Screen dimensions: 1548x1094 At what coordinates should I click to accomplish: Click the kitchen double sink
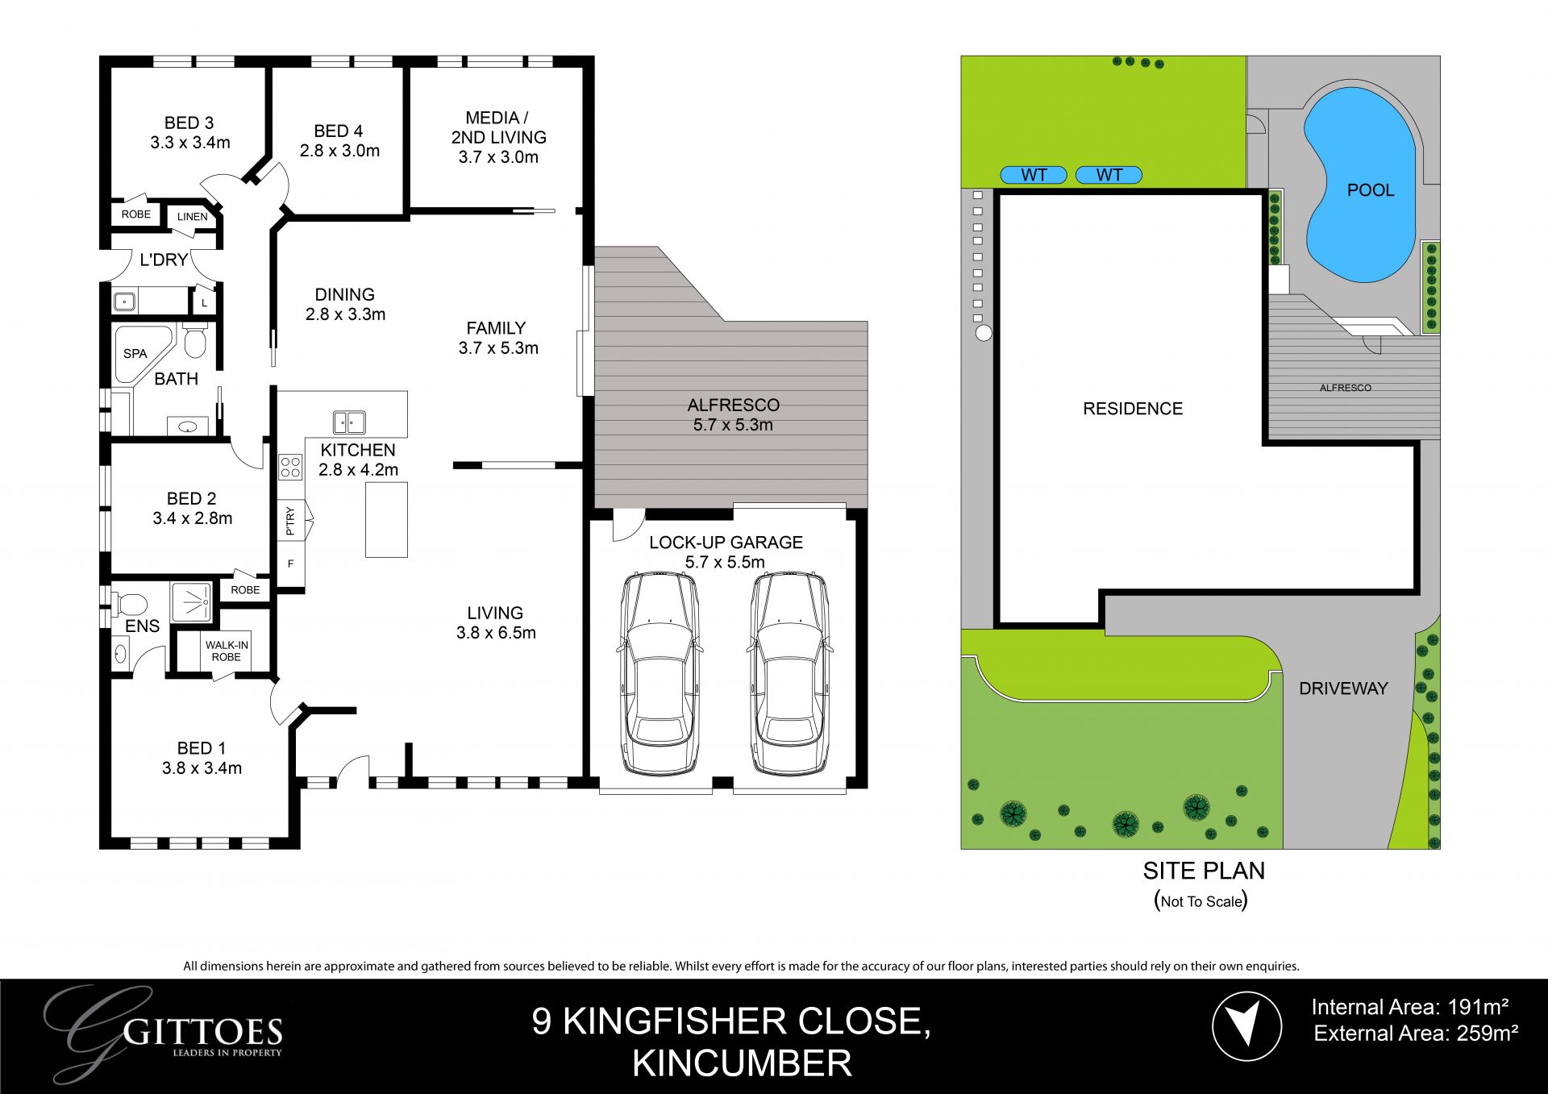tap(349, 422)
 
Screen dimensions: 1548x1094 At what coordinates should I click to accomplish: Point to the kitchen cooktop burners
tap(290, 467)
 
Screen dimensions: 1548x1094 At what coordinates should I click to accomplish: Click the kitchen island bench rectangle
tap(386, 520)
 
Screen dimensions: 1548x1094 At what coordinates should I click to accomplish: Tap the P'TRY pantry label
tap(290, 522)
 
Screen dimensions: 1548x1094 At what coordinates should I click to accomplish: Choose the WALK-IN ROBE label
tap(227, 651)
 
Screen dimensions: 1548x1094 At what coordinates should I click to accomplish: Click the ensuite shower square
tap(192, 601)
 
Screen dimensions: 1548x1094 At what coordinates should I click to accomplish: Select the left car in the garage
tap(659, 673)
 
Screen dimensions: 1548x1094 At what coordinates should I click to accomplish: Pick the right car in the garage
tap(789, 673)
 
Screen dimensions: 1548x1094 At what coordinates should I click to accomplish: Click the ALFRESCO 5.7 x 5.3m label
tap(733, 415)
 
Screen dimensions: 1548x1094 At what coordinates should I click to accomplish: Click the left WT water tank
tap(1034, 175)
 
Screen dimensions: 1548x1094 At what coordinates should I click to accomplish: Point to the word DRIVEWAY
tap(1343, 688)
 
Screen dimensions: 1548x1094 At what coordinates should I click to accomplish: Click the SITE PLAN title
tap(1204, 871)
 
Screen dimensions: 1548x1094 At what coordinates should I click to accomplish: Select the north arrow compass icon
tap(1246, 1026)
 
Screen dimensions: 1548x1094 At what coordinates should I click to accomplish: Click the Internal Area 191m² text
tap(1410, 1007)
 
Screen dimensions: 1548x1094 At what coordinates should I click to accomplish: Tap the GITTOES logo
tap(165, 1033)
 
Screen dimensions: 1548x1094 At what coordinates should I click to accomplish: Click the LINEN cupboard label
tap(193, 216)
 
